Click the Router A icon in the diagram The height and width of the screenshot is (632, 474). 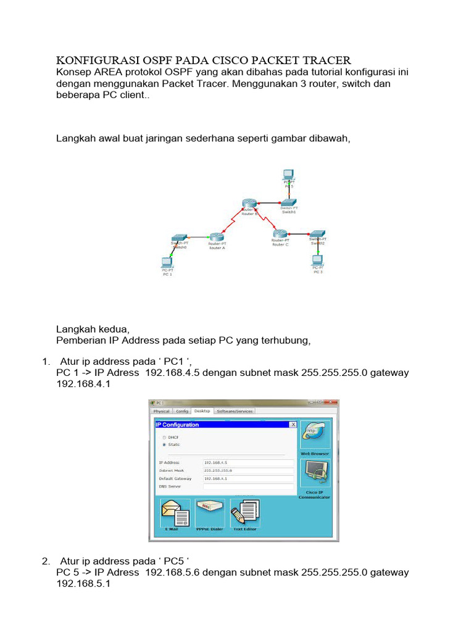215,236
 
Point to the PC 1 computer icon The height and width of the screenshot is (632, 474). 167,262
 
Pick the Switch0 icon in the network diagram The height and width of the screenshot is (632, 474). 180,237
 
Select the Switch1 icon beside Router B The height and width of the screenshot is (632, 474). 288,203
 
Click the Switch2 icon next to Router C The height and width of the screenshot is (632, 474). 317,233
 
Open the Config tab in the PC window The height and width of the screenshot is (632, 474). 181,411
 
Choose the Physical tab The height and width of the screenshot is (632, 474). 162,411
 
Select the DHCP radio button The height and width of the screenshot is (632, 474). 164,437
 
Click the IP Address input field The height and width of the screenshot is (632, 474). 248,462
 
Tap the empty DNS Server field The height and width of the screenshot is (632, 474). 248,486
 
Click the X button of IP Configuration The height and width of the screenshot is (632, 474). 293,425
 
